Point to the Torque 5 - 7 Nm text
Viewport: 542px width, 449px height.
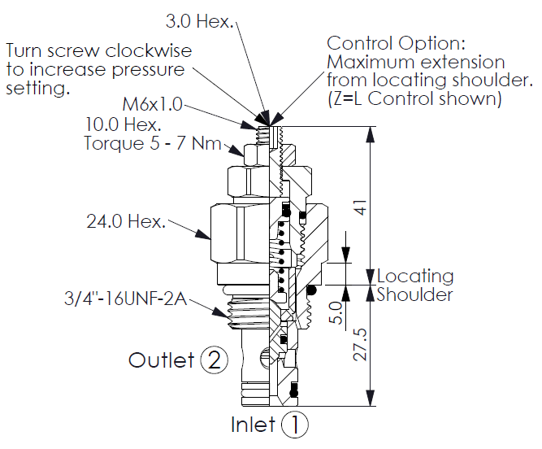click(x=153, y=144)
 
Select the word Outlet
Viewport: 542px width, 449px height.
click(x=161, y=360)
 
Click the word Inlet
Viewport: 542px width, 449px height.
click(x=254, y=425)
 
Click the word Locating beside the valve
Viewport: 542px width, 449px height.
click(x=414, y=277)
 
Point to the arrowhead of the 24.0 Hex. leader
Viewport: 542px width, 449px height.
click(x=210, y=238)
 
